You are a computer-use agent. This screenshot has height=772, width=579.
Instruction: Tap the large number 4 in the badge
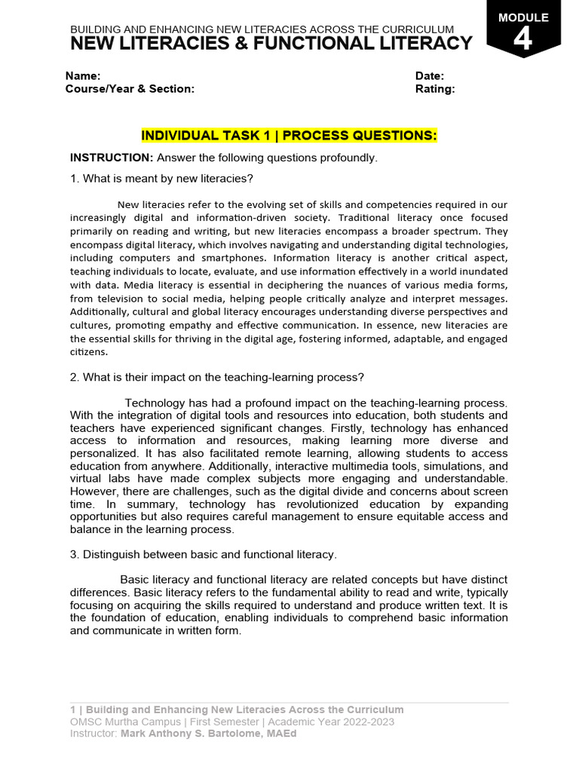coord(522,39)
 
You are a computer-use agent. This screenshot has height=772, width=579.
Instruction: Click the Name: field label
coord(83,76)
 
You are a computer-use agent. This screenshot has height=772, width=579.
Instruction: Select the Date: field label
coord(430,76)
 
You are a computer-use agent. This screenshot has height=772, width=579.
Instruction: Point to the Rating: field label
coord(435,89)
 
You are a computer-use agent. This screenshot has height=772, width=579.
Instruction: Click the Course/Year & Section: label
coord(130,89)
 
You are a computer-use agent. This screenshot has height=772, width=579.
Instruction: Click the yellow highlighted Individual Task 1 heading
coord(289,136)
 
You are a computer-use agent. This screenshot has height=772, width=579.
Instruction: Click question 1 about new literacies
coord(161,179)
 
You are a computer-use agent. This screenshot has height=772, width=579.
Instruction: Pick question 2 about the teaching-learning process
coord(217,377)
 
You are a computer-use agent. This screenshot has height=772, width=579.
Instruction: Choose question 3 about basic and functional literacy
coord(203,555)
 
